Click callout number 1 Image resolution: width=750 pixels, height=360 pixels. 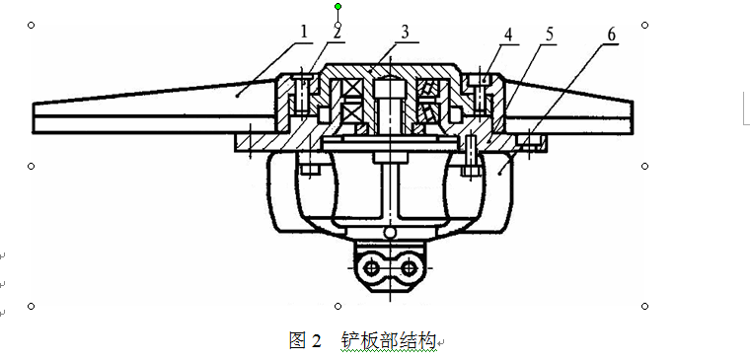coord(304,33)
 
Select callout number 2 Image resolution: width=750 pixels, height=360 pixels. coord(337,33)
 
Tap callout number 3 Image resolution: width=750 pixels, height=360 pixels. coord(406,33)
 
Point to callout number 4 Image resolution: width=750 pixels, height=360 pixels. coord(508,35)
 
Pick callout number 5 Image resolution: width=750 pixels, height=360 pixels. coord(549,35)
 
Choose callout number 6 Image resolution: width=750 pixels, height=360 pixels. coord(612,35)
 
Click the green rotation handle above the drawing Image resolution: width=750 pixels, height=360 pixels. coord(338,6)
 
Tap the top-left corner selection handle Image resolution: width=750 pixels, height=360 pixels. coord(32,25)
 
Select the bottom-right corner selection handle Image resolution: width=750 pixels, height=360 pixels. coord(644,306)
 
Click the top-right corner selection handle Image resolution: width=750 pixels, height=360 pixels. coord(644,25)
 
